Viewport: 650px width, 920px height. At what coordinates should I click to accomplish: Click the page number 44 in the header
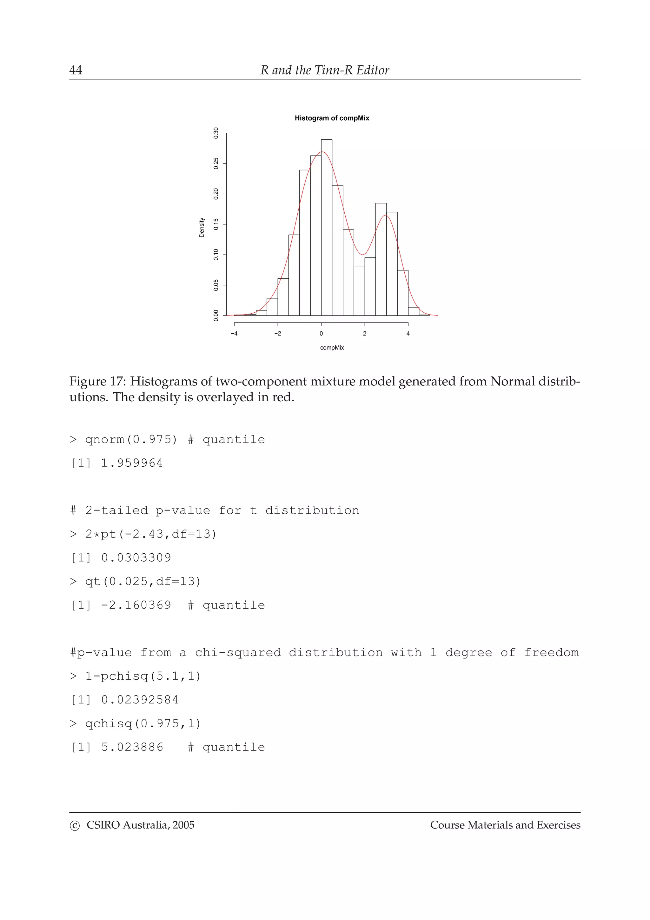pos(76,70)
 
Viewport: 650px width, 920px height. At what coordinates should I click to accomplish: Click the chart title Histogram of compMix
pos(332,118)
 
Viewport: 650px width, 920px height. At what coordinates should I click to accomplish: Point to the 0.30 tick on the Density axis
pos(216,133)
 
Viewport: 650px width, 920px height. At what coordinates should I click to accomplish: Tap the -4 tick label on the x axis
pos(234,333)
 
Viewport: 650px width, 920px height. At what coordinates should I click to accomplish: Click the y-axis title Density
pos(202,228)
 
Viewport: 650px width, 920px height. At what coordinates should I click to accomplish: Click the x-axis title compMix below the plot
pos(332,348)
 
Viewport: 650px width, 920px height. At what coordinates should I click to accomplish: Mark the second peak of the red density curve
pos(386,216)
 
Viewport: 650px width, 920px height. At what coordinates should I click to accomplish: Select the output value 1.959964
pos(132,463)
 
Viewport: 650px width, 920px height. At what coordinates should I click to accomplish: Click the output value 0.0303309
pos(136,558)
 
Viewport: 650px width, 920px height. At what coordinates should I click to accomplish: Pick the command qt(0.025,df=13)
pos(143,581)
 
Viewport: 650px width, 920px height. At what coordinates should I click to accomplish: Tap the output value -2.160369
pos(136,605)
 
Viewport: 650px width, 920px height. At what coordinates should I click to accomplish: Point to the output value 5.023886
pos(132,747)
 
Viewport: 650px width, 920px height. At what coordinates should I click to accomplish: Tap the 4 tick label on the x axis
pos(408,333)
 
